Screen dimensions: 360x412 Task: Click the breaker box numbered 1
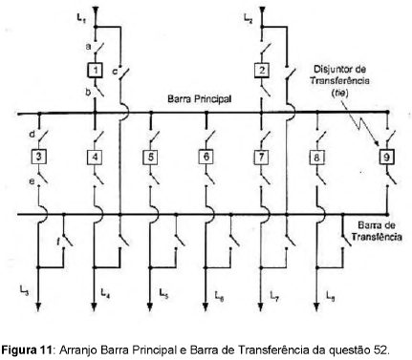pyautogui.click(x=96, y=70)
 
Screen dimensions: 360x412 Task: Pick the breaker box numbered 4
pyautogui.click(x=96, y=157)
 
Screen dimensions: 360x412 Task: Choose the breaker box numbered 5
pyautogui.click(x=151, y=157)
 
